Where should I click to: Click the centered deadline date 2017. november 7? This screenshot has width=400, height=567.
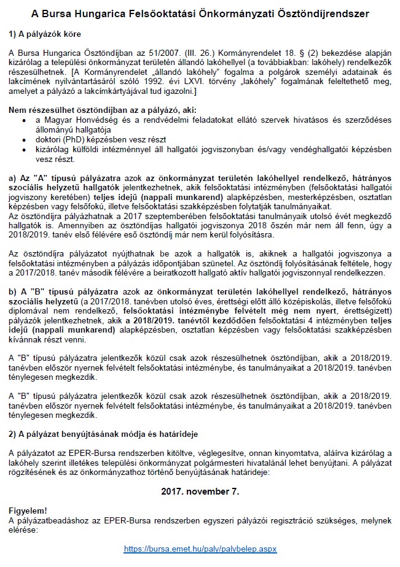[200, 492]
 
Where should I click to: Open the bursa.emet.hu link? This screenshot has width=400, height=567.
[200, 548]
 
